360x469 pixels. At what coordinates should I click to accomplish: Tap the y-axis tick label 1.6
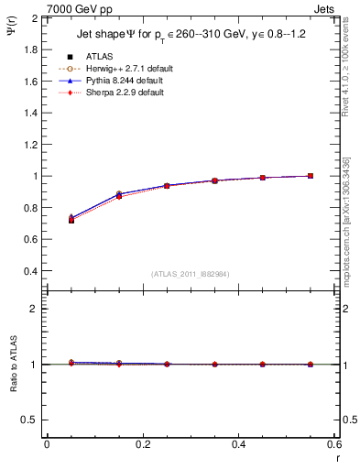[29, 82]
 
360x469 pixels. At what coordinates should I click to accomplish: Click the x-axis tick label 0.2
[143, 443]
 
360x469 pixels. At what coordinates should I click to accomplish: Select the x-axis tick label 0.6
[333, 443]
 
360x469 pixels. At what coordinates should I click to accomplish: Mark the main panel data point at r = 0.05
[71, 220]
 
